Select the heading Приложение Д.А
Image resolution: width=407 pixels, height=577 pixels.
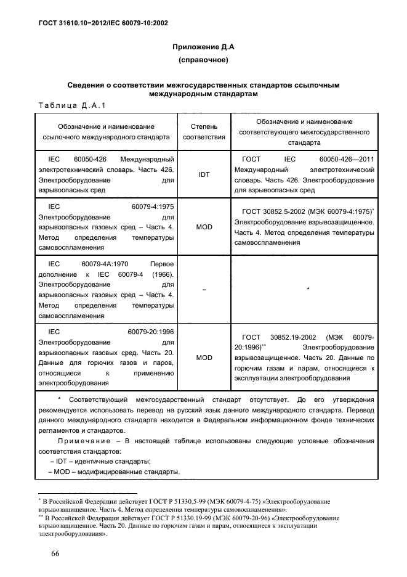203,46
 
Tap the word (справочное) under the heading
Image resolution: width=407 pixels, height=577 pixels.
203,60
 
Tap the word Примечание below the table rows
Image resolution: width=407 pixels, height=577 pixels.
84,441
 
